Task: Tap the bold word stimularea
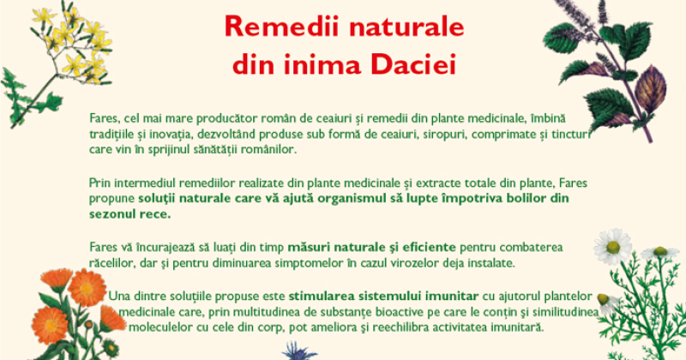[x=322, y=296]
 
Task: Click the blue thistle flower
[x=299, y=351]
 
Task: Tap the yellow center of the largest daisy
[x=613, y=247]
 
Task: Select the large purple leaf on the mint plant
[x=651, y=89]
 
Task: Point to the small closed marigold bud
[x=89, y=324]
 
